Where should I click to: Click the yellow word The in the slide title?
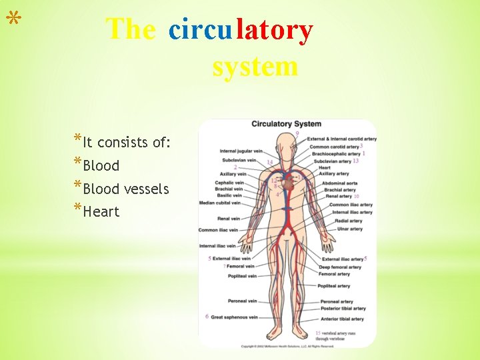click(x=130, y=29)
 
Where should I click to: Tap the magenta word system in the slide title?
click(x=255, y=67)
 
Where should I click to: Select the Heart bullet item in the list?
click(x=101, y=211)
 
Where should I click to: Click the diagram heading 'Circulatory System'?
click(x=286, y=124)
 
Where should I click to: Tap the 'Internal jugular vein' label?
click(x=241, y=151)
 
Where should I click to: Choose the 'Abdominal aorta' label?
click(x=339, y=183)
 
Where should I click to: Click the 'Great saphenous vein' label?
click(x=234, y=317)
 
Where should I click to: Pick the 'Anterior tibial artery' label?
click(x=341, y=319)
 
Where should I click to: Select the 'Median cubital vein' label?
click(x=220, y=203)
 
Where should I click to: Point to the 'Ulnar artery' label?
click(x=349, y=229)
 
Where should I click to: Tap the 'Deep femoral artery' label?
click(x=339, y=267)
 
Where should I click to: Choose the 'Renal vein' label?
click(x=229, y=219)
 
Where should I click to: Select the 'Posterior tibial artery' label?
click(x=341, y=309)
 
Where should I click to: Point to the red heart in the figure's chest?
click(x=288, y=178)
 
